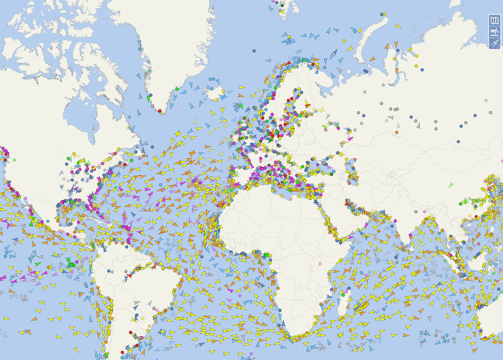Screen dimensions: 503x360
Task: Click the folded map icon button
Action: (495, 21)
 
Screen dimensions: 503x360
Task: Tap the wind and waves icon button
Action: (495, 32)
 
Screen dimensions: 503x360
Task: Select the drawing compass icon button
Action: (495, 43)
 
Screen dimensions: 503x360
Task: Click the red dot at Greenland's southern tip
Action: (160, 111)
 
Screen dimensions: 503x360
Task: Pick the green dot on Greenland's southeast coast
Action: (150, 71)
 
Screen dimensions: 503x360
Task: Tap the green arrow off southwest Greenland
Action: (148, 98)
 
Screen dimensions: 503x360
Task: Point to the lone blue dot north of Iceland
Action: (254, 51)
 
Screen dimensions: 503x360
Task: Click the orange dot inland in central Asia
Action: (397, 132)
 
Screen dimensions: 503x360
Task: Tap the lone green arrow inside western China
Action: (451, 185)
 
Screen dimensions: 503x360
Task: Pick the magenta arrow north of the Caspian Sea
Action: (350, 139)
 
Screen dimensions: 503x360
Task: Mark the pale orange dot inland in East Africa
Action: (320, 264)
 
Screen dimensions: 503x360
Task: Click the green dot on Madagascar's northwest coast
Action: (343, 295)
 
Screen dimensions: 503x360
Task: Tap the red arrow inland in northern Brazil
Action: (129, 275)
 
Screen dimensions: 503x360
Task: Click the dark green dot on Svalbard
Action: (282, 6)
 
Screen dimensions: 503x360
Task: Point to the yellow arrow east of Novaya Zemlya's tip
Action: (398, 26)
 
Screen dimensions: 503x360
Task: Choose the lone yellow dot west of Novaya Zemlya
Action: (344, 41)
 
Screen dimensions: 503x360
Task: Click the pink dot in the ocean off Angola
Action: (240, 296)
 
